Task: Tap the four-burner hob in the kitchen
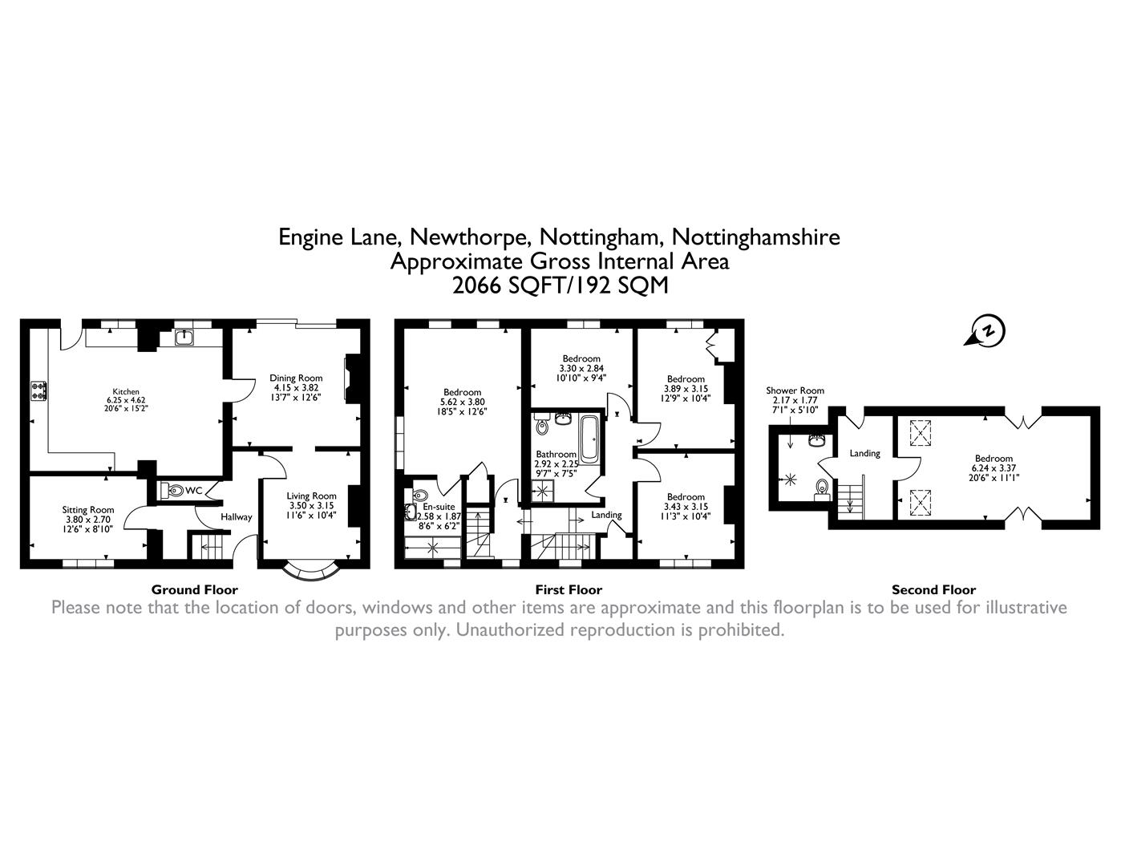click(x=38, y=391)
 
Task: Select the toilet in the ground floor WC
click(x=168, y=490)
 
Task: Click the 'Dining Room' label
click(x=296, y=378)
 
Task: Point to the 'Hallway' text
click(x=237, y=517)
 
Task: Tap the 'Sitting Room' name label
click(x=88, y=509)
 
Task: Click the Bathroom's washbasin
click(x=563, y=419)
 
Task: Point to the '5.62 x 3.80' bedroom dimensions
click(x=463, y=402)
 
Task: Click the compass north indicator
click(x=989, y=330)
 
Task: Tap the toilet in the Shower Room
click(x=821, y=488)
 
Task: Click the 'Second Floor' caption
click(x=933, y=589)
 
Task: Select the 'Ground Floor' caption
click(x=195, y=589)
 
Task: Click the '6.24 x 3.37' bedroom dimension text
click(x=994, y=468)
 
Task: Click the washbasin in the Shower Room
click(x=818, y=440)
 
